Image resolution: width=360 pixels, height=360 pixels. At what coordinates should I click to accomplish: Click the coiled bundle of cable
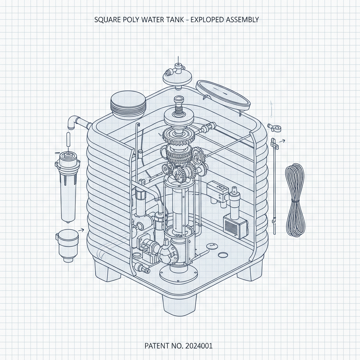coord(295,201)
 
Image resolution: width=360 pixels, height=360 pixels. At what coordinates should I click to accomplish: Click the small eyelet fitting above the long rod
coord(273,127)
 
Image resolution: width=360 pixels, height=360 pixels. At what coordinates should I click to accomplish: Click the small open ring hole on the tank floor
coord(223,255)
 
